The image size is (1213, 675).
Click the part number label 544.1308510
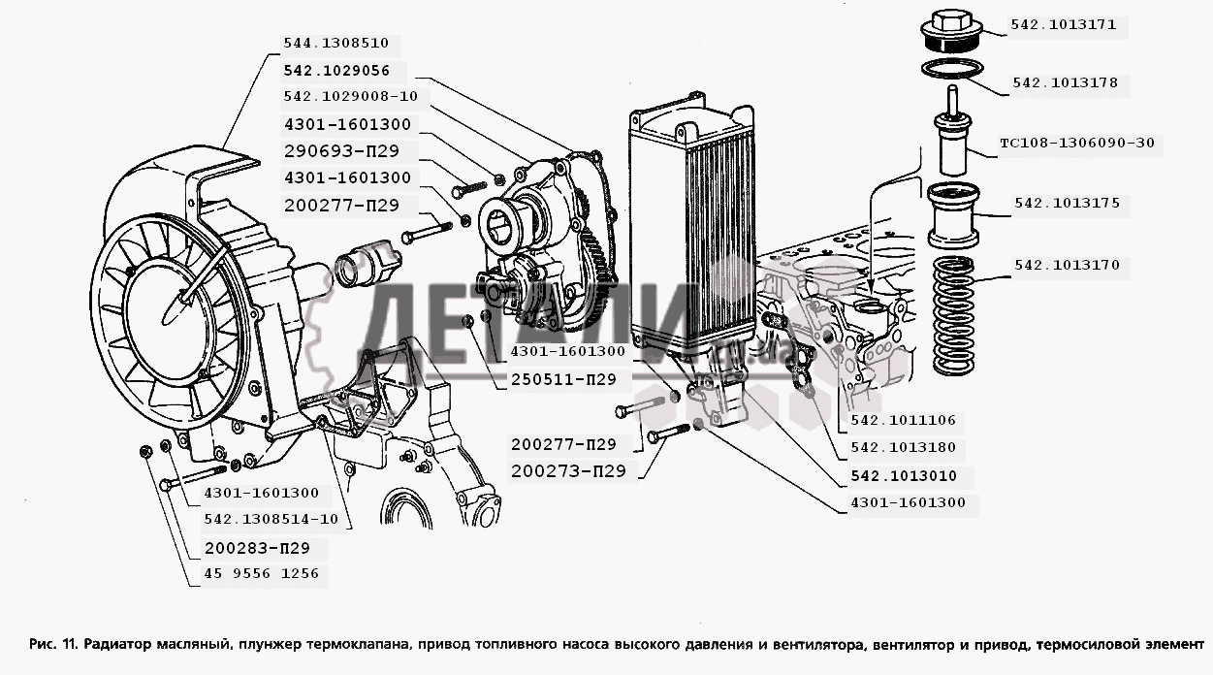[x=335, y=44]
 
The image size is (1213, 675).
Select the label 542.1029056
[x=336, y=71]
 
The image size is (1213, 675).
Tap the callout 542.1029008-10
[x=350, y=97]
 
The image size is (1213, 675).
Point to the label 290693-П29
[x=335, y=151]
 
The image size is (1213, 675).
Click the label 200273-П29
[x=568, y=471]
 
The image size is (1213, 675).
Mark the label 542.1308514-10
[x=271, y=519]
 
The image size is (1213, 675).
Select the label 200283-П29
[x=256, y=547]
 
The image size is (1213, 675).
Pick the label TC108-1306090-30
[x=1076, y=144]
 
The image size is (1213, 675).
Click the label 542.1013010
[x=903, y=476]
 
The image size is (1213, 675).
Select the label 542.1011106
[x=903, y=421]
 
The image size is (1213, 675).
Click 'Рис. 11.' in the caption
[x=53, y=644]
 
